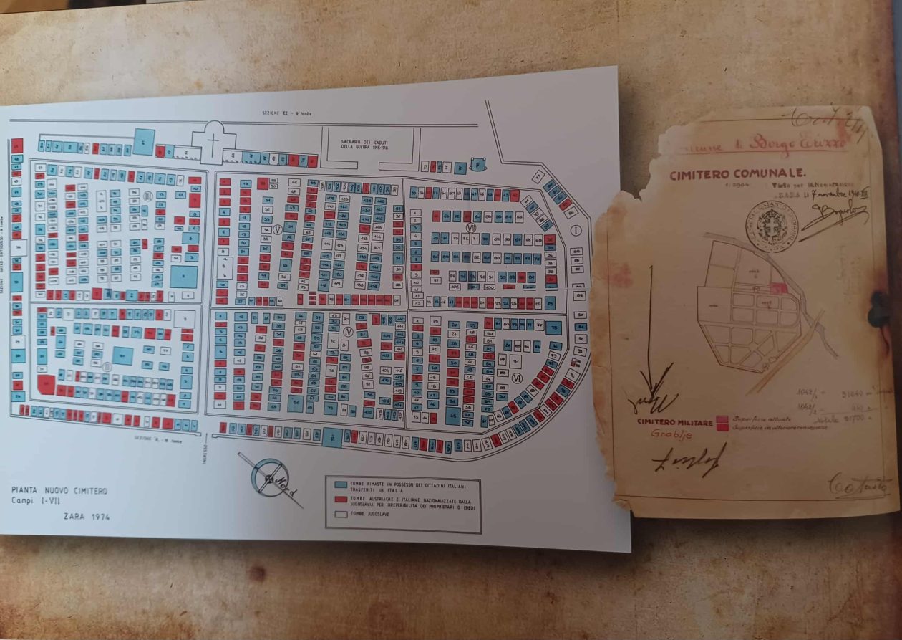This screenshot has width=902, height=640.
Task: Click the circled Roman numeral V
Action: click(277, 229)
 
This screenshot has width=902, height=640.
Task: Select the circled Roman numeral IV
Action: click(348, 331)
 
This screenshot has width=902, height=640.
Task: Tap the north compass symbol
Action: click(271, 475)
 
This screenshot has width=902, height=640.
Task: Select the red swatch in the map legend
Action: click(340, 499)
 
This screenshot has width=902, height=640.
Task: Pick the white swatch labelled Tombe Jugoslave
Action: click(340, 514)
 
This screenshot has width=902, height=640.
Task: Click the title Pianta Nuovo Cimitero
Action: click(59, 491)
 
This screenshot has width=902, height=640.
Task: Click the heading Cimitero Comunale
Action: click(737, 174)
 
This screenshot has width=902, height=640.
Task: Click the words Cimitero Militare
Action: click(674, 423)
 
